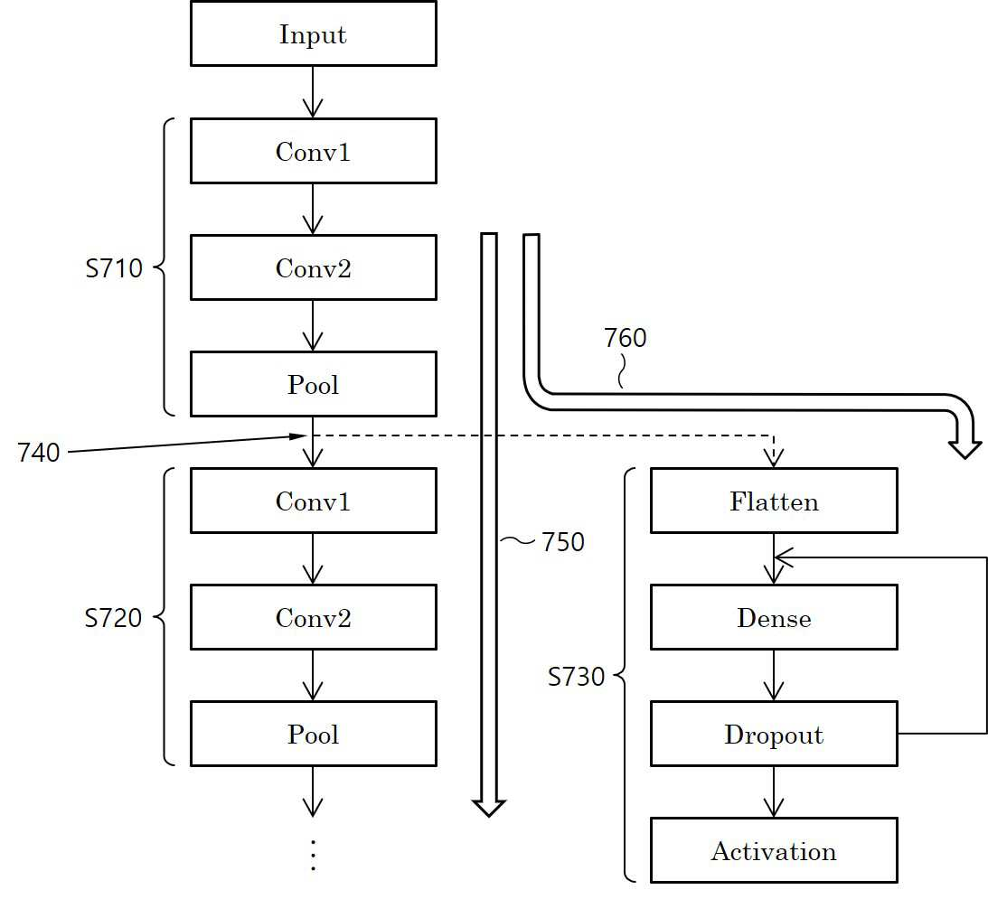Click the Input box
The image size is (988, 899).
313,33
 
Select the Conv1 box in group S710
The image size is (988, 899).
313,151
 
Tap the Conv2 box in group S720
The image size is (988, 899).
313,617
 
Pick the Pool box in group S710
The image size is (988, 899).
313,384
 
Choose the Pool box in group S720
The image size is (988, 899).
313,734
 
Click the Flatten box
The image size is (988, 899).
774,501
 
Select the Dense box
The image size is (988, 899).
774,617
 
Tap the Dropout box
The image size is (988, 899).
774,734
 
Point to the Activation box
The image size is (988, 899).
774,850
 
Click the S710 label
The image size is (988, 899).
114,268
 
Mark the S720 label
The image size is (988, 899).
113,618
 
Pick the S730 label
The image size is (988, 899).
576,677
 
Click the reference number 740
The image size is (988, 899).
39,453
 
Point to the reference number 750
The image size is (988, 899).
563,542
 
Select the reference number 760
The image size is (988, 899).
625,338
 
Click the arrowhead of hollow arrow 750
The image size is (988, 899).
489,809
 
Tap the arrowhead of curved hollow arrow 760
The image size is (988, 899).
964,449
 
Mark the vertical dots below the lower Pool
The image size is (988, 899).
313,856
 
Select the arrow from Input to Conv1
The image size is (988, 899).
313,92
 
